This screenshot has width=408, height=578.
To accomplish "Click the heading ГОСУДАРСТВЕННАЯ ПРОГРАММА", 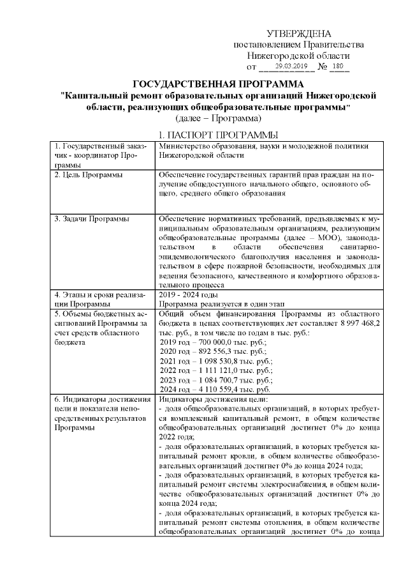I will pos(217,84).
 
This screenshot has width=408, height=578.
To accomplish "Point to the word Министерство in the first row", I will pos(185,146).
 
